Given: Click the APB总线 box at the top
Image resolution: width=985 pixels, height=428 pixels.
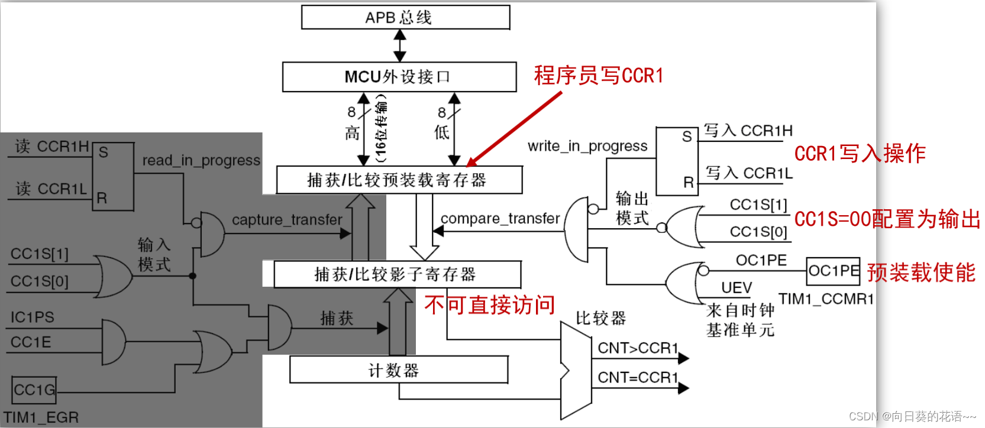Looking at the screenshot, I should [405, 18].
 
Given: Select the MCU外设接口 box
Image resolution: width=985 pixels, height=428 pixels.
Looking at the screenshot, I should [399, 77].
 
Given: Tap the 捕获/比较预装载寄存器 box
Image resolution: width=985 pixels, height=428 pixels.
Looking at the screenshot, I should [399, 180].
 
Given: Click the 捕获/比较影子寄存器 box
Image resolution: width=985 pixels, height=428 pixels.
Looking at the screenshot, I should [397, 274].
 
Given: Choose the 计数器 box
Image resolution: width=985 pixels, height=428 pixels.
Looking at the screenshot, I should [398, 371].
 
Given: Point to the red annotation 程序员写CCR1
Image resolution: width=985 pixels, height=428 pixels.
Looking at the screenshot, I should [599, 76].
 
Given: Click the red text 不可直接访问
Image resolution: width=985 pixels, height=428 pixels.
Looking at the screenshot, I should [490, 305].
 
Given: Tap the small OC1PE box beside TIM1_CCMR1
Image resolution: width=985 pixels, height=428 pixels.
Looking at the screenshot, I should [833, 271].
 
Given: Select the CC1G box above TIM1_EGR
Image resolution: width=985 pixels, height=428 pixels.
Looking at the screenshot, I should [34, 390].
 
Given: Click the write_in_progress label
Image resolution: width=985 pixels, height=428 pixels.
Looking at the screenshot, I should [587, 146].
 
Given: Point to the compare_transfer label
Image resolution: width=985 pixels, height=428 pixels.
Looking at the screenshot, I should [500, 219].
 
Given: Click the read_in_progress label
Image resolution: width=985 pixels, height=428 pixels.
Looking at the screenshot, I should [201, 160].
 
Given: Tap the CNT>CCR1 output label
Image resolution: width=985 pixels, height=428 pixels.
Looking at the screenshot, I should [637, 348].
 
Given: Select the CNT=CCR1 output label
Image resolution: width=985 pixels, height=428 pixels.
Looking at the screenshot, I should [637, 377].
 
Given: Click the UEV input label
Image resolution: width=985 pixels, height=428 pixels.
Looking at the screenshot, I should [737, 288].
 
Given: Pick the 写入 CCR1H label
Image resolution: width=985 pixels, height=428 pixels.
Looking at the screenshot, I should [748, 131].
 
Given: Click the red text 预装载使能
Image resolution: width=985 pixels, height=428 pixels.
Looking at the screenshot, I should [921, 273].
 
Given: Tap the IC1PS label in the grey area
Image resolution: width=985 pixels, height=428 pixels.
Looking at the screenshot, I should [33, 317].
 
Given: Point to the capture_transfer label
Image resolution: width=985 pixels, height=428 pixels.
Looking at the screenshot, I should [287, 220].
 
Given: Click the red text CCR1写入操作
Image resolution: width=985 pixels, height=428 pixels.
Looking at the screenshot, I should [860, 154].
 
